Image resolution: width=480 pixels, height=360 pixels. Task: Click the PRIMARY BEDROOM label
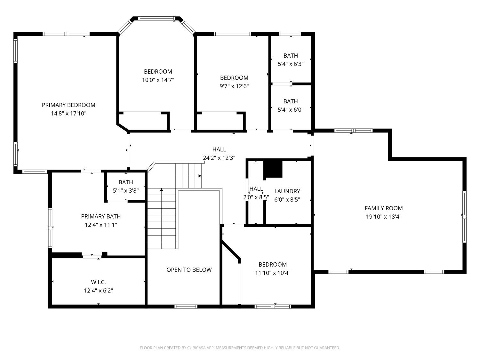(68, 105)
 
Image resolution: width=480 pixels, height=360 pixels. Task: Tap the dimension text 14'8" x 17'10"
(69, 114)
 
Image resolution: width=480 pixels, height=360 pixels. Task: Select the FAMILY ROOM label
(384, 208)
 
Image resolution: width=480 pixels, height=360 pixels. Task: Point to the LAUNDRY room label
(287, 191)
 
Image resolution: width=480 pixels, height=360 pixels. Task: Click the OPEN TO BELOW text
(189, 270)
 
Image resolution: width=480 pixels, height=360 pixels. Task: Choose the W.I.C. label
(98, 282)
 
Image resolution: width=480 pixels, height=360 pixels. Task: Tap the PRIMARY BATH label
(101, 216)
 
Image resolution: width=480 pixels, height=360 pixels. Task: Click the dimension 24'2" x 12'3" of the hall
(219, 158)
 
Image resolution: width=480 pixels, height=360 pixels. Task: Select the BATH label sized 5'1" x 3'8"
(126, 182)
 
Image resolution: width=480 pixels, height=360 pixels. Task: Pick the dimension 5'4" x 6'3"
(291, 64)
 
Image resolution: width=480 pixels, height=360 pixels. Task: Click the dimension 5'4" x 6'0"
(291, 110)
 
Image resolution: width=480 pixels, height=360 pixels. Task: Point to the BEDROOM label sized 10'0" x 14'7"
(158, 71)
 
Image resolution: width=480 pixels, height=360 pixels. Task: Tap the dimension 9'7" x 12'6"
(234, 86)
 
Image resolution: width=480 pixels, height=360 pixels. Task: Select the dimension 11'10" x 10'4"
(272, 273)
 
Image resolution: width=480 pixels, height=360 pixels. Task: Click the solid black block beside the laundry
(273, 169)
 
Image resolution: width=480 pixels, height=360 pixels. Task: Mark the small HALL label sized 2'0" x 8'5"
(256, 189)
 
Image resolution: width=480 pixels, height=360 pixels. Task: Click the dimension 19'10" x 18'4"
(384, 217)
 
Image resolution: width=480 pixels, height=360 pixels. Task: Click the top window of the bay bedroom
(157, 18)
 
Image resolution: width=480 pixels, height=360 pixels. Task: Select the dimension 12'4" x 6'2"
(99, 291)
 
